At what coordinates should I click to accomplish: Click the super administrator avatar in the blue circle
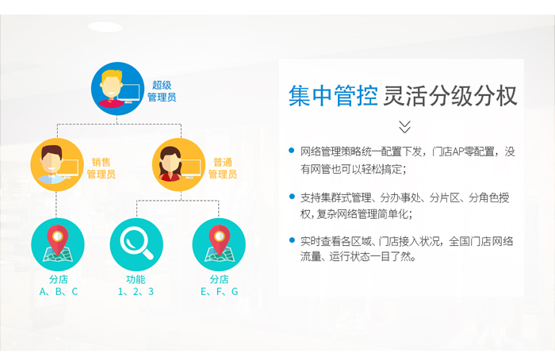[x=117, y=89]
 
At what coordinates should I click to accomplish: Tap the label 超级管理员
[x=162, y=91]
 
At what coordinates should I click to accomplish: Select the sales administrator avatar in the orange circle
[x=56, y=165]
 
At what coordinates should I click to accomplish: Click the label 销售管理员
[x=101, y=168]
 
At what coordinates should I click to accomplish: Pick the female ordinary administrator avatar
[x=178, y=165]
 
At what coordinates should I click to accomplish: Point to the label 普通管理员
[x=223, y=168]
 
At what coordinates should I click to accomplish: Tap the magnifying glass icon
[x=136, y=244]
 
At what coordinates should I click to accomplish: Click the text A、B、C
[x=59, y=292]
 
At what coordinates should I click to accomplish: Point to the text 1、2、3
[x=136, y=292]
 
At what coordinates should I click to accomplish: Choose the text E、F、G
[x=219, y=292]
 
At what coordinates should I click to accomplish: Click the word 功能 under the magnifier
[x=136, y=279]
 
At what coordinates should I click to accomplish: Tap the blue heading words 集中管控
[x=333, y=96]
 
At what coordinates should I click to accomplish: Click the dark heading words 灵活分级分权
[x=450, y=96]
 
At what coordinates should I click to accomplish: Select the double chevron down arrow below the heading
[x=404, y=126]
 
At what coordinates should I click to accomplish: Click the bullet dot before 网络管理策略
[x=292, y=151]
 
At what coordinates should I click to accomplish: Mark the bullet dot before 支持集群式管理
[x=292, y=197]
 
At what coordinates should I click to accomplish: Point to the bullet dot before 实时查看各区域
[x=292, y=240]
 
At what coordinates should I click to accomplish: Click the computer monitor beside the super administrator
[x=128, y=94]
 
